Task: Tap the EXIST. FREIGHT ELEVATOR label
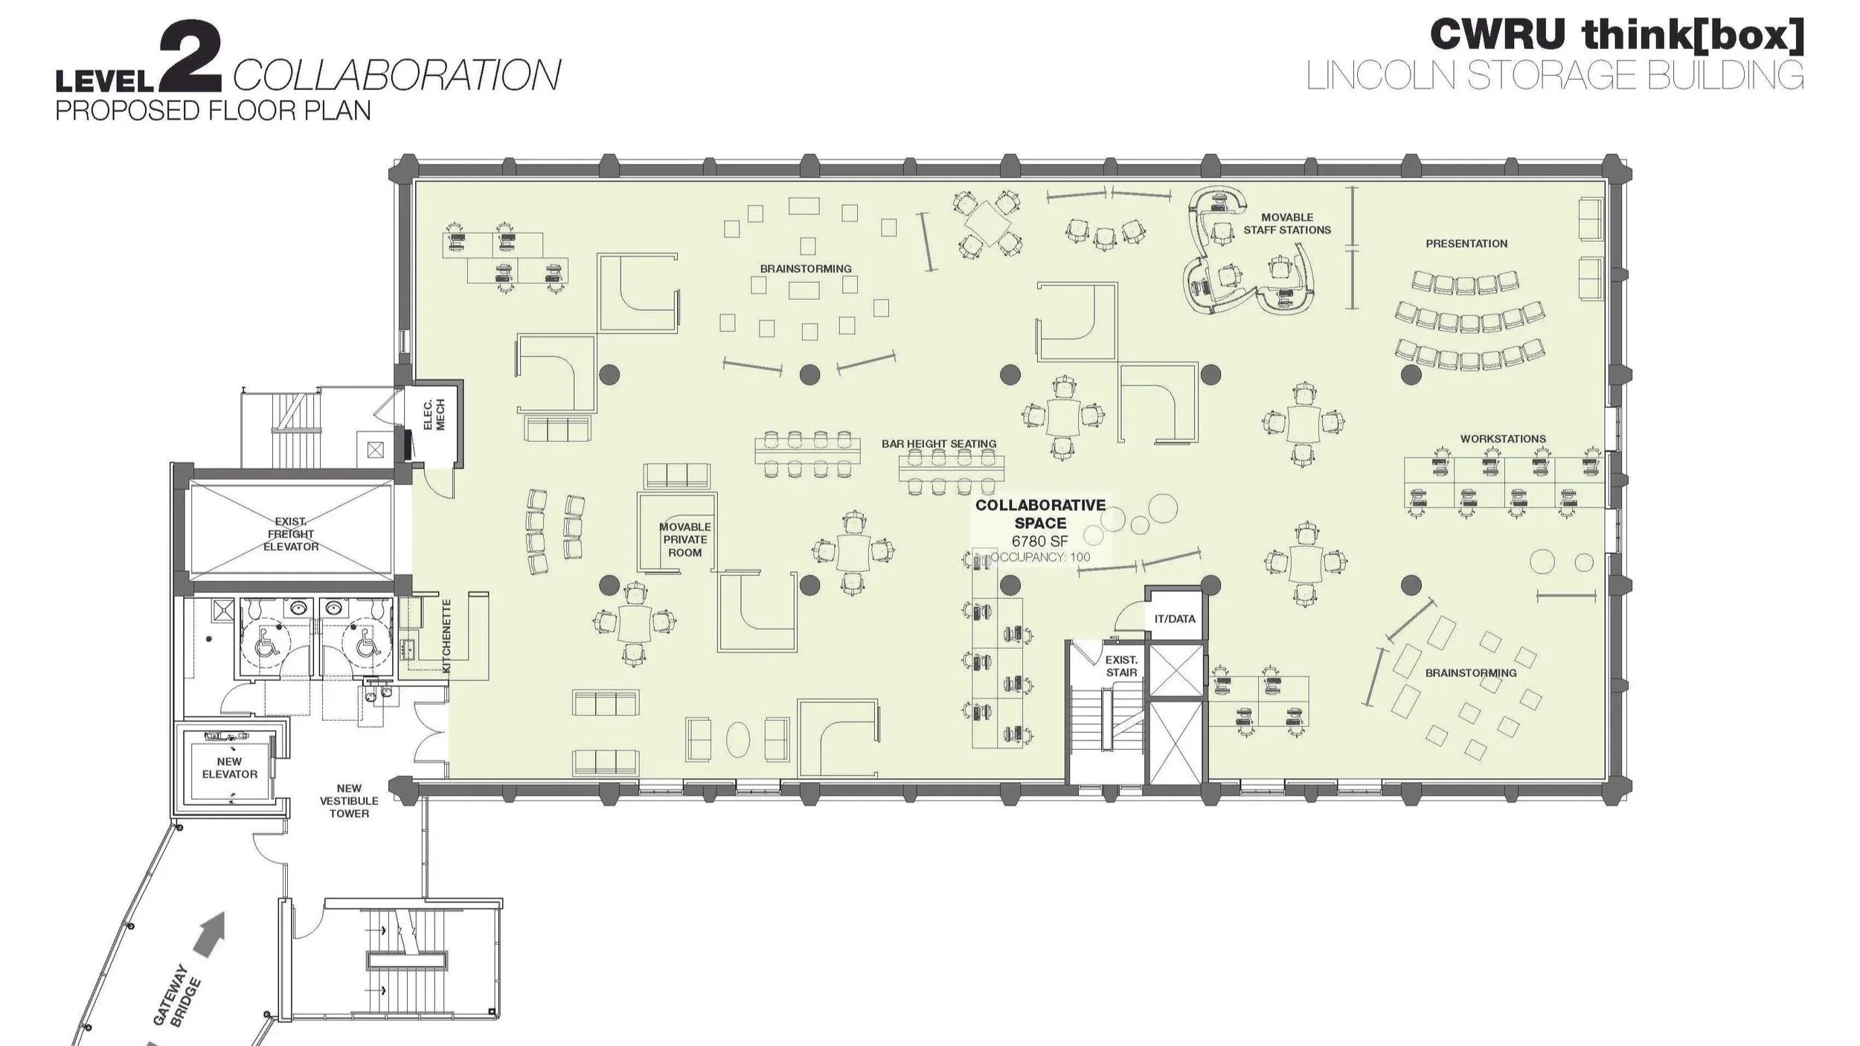(x=291, y=534)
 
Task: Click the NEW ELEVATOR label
(x=229, y=768)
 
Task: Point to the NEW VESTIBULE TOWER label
(x=349, y=800)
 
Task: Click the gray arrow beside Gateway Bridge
(x=211, y=936)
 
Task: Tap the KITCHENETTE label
(x=446, y=636)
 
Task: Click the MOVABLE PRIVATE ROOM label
(x=684, y=539)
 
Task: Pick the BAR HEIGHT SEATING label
(x=939, y=444)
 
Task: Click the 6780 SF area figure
(x=1039, y=541)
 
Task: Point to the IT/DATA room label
(x=1175, y=619)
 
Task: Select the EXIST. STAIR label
(x=1120, y=666)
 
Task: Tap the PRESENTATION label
(x=1466, y=243)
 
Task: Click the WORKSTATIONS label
(x=1503, y=439)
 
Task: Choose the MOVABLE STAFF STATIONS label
(x=1287, y=224)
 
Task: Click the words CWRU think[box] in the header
(x=1616, y=35)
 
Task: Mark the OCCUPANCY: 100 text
(x=1042, y=557)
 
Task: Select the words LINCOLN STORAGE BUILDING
(x=1554, y=75)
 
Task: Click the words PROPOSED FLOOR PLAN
(x=213, y=111)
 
